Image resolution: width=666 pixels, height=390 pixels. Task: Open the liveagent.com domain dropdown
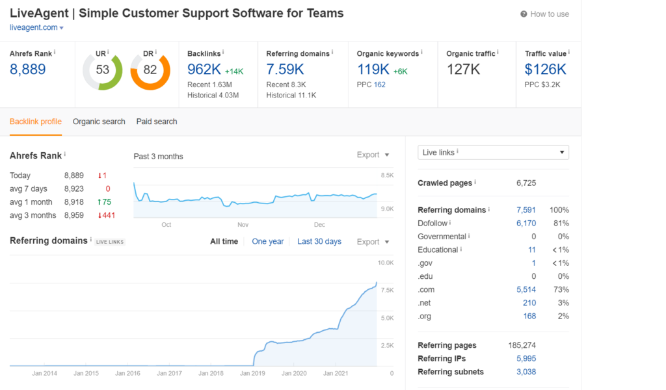[37, 27]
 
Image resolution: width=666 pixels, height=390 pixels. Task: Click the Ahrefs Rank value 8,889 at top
[28, 69]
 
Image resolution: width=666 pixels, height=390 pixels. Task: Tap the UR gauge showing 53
[103, 70]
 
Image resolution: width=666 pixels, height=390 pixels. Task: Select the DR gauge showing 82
[150, 70]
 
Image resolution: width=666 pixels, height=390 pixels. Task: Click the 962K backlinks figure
[204, 69]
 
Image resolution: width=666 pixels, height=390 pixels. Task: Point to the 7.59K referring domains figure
[285, 69]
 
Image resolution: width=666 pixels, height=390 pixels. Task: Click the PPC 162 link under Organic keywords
[380, 84]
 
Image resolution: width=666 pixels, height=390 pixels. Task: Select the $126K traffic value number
[546, 69]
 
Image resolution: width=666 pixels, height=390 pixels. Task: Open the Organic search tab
[99, 122]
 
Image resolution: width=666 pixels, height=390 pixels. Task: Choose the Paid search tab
[157, 122]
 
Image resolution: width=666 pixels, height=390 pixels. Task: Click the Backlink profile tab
[36, 122]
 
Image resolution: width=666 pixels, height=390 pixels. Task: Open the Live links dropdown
[493, 152]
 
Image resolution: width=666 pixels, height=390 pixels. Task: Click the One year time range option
[267, 241]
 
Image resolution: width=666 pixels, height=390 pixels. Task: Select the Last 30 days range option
[319, 241]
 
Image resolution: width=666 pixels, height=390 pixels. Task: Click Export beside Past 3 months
[373, 155]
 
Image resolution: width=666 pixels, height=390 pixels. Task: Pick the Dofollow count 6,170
[526, 223]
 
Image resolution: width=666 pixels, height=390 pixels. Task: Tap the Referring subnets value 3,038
[526, 372]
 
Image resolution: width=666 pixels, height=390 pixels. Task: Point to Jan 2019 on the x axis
[253, 373]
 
